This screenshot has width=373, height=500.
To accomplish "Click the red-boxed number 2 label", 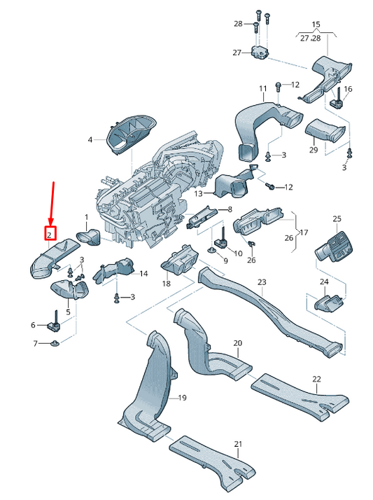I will [x=50, y=235].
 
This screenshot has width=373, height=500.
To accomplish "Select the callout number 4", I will [x=90, y=140].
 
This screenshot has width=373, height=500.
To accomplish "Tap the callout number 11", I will [x=263, y=88].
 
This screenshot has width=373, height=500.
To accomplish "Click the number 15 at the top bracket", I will [x=316, y=25].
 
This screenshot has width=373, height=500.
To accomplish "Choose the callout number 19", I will [x=182, y=398].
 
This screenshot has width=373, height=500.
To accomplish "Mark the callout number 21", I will [x=237, y=445].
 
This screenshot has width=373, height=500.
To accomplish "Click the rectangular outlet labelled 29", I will [x=323, y=131].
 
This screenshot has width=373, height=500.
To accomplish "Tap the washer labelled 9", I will [x=215, y=250].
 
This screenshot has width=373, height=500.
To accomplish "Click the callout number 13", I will [x=198, y=193].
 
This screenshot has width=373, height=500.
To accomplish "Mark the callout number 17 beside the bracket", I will [x=304, y=232].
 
